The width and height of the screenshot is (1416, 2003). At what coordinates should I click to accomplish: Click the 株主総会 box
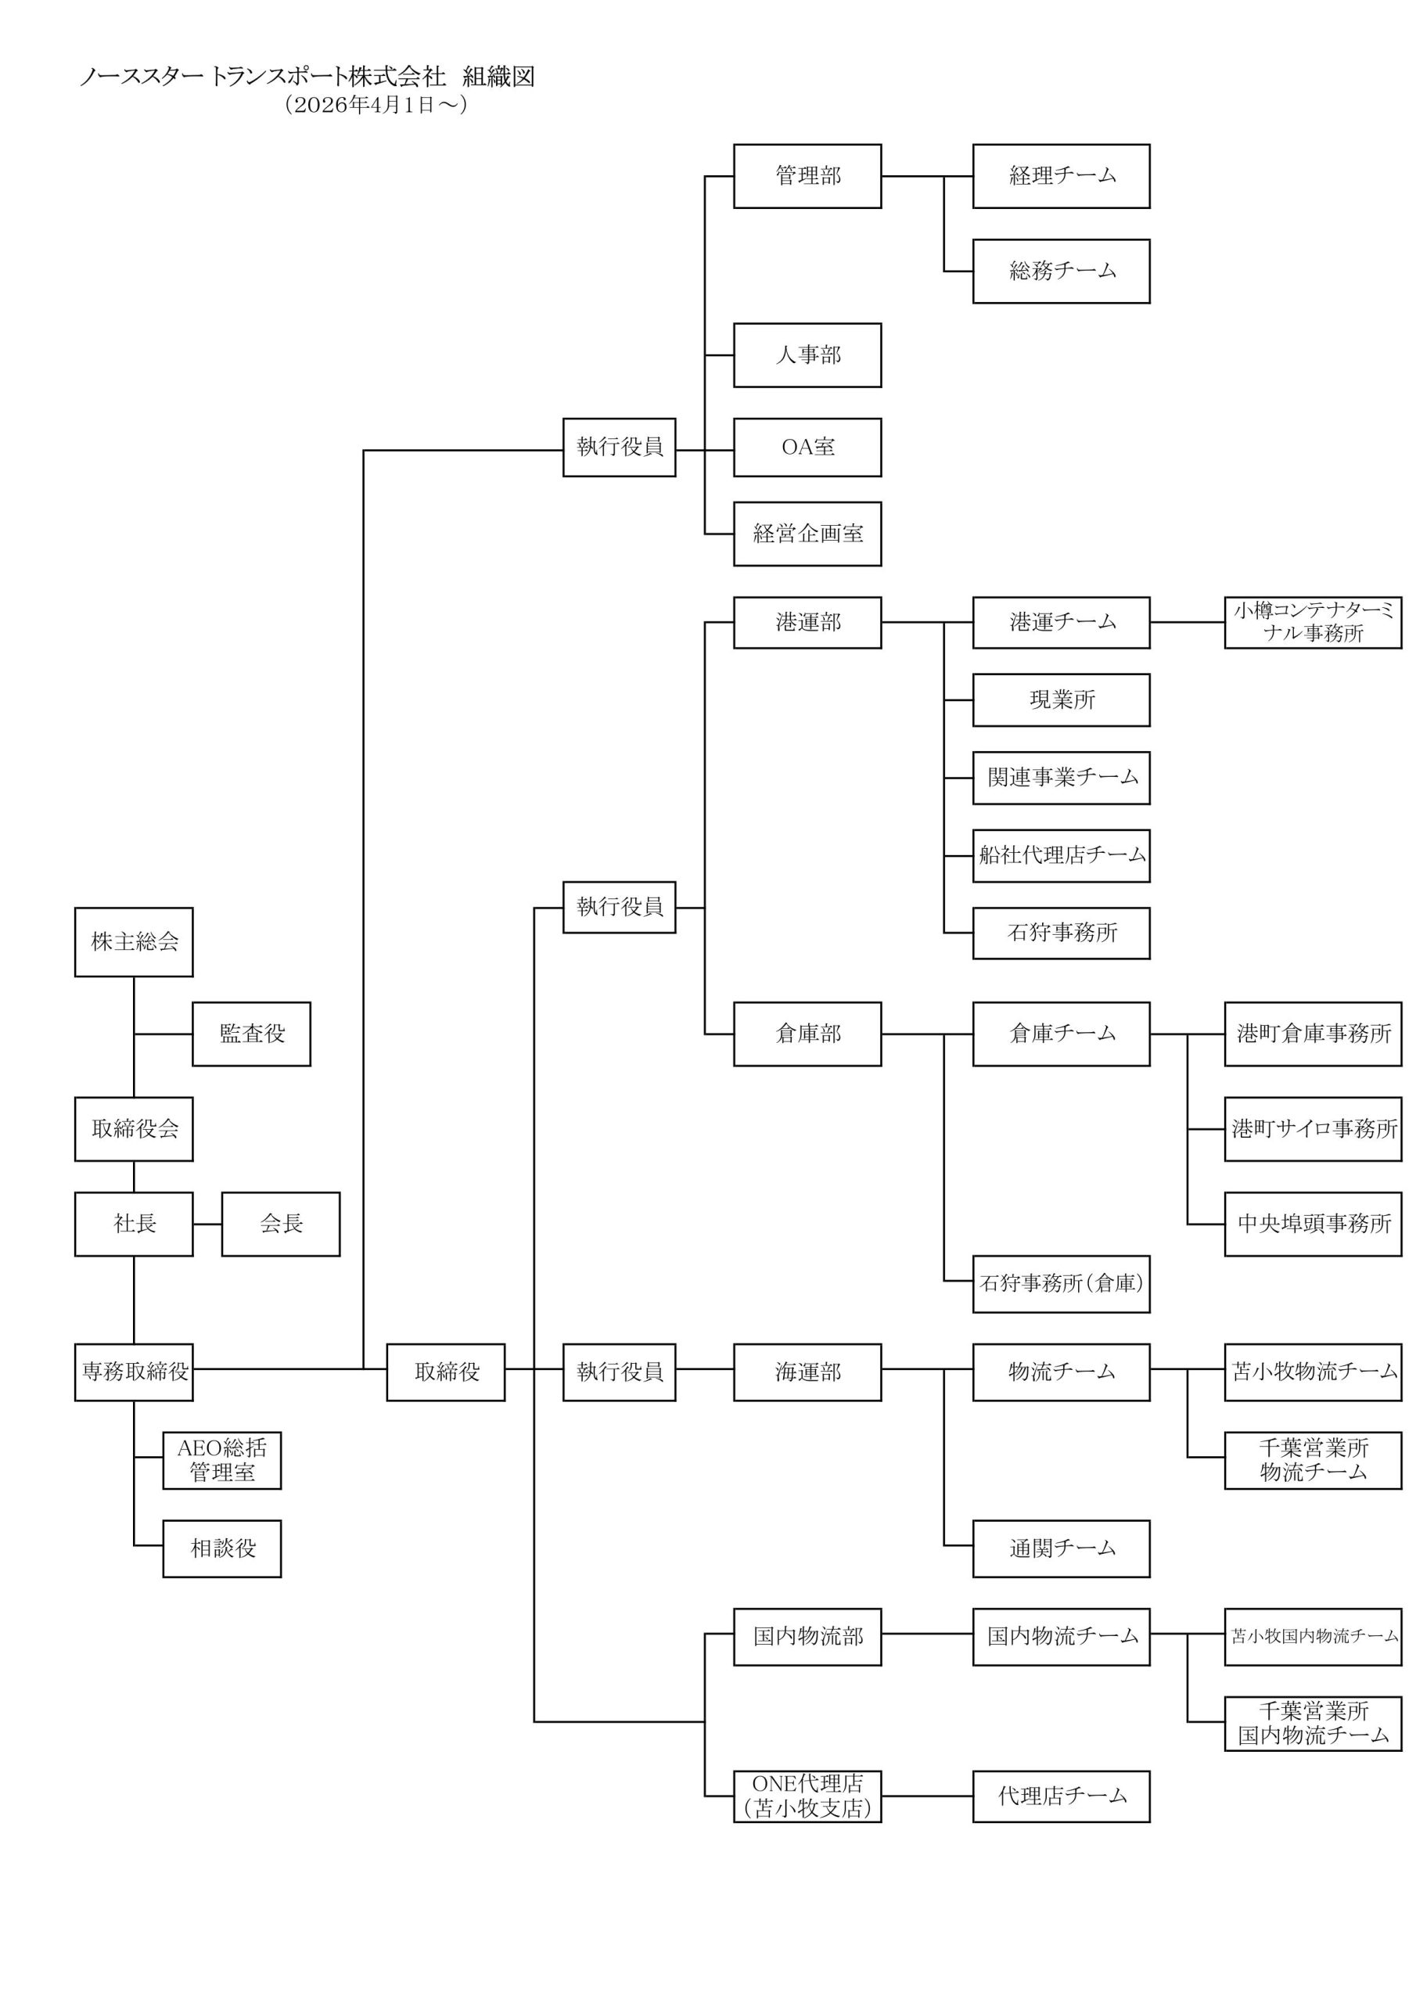pos(134,941)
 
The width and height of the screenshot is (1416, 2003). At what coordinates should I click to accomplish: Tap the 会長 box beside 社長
pos(280,1223)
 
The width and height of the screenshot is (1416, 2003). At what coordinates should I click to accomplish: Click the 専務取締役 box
pos(134,1372)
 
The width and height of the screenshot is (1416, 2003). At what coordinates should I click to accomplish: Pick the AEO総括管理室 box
pos(221,1459)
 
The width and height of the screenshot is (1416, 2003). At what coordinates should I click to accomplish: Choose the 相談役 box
pos(221,1548)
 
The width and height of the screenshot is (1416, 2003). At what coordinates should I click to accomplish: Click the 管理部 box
pos(807,175)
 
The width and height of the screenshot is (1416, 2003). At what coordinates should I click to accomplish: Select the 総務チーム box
pos(1061,271)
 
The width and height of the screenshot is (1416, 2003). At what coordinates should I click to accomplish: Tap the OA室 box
pos(807,447)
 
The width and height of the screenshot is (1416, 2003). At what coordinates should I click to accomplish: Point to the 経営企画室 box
pos(807,533)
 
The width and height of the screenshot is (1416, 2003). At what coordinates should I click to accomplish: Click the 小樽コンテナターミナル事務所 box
pos(1312,622)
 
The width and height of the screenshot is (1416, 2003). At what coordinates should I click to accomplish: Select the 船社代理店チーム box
pos(1061,855)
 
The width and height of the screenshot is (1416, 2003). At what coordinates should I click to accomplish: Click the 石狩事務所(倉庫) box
pos(1061,1283)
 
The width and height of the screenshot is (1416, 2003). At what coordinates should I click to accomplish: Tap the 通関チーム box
pos(1061,1548)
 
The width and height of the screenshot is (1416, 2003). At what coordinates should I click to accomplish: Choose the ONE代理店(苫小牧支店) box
pos(807,1796)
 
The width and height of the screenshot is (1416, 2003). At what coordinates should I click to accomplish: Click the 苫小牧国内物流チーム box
pos(1312,1636)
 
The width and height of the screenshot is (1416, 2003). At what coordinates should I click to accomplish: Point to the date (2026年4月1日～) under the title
pos(376,105)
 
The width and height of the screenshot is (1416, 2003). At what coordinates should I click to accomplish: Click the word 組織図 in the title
pos(498,77)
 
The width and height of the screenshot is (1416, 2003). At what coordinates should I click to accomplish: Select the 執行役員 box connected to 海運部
pos(619,1372)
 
